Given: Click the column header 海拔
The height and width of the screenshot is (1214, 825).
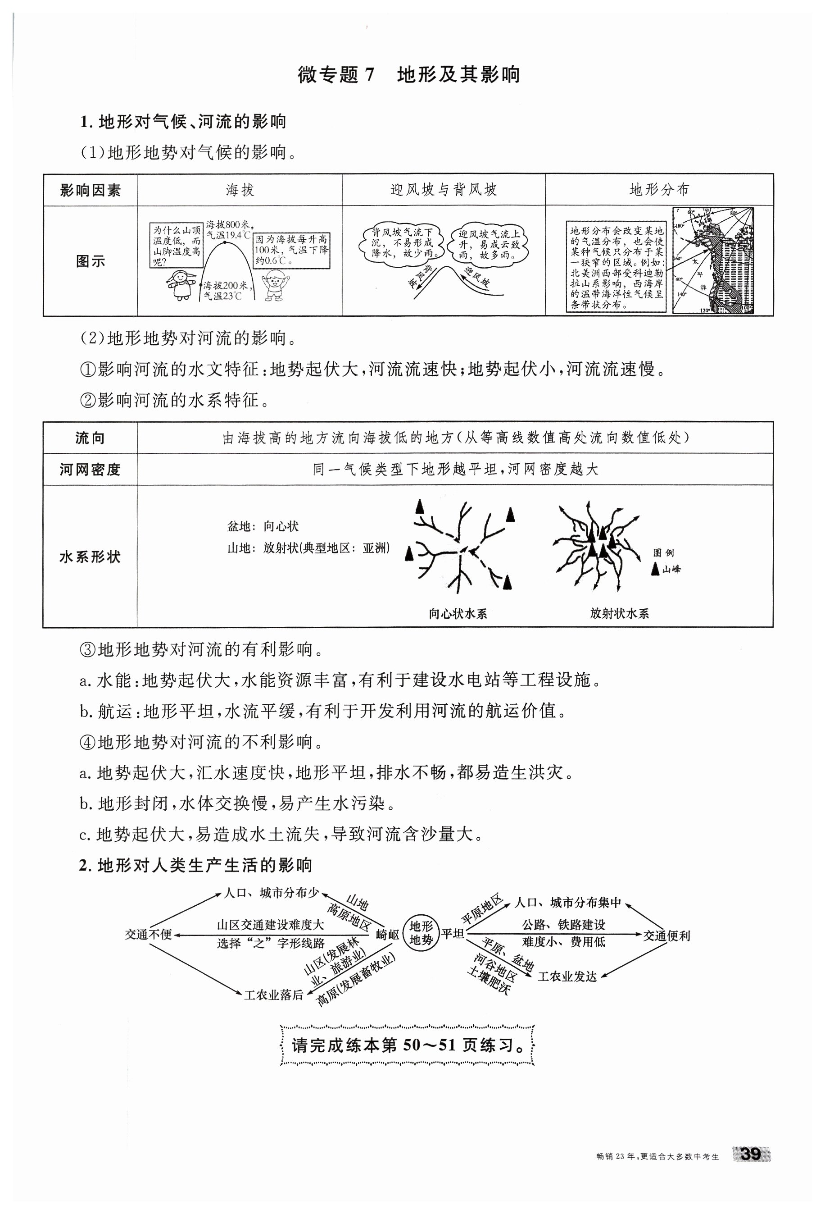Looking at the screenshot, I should [x=240, y=190].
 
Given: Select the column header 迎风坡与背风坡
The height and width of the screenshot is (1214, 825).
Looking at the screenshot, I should [x=443, y=190].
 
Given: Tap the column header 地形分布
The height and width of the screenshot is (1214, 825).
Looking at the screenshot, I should [x=659, y=190].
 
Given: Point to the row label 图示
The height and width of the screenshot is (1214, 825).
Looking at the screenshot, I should [x=91, y=261].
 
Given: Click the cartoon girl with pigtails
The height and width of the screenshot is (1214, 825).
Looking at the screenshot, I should [x=181, y=285].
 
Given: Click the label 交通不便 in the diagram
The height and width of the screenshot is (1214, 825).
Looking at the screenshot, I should [x=148, y=934].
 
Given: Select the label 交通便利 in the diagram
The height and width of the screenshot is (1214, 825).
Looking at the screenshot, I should [x=666, y=936].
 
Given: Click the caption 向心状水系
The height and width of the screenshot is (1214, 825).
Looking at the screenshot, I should [x=458, y=614].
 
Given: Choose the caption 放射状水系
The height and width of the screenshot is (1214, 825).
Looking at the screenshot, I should [x=619, y=614].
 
